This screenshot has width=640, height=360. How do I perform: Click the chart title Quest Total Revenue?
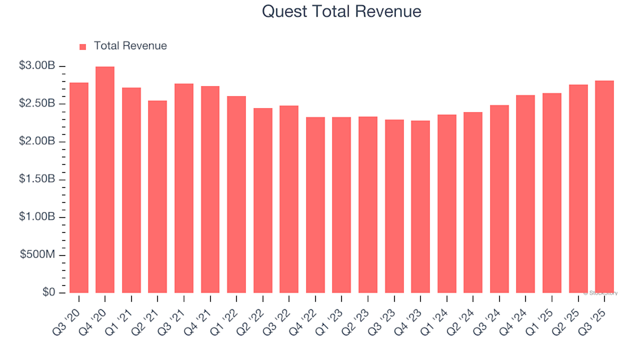[x=341, y=11]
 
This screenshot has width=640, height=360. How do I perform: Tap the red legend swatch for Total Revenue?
[x=83, y=47]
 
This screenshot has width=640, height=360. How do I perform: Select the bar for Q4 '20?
[x=105, y=180]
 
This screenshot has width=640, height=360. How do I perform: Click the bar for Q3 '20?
[x=79, y=188]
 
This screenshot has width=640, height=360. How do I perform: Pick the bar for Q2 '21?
[x=157, y=197]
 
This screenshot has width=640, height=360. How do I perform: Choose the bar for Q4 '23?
[x=420, y=207]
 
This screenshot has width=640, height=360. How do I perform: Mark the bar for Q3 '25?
[x=604, y=187]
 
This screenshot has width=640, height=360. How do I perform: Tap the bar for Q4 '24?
[x=525, y=194]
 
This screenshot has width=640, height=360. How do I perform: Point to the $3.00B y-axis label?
[x=37, y=66]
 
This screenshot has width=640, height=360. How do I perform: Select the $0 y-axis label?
[x=49, y=293]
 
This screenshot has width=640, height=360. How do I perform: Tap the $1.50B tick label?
[x=37, y=180]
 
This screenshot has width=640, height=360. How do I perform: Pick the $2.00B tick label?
[x=37, y=142]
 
